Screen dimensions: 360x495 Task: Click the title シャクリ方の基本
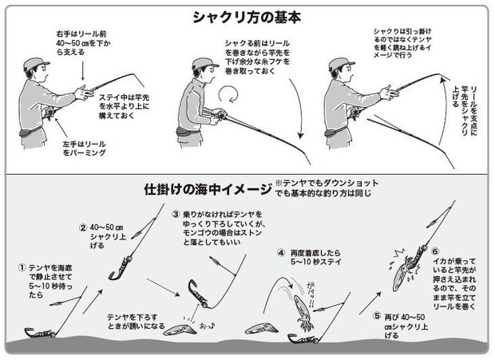[247, 15]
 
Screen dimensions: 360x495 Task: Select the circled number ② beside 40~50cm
[82, 226]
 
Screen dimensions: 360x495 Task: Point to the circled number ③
[176, 215]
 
